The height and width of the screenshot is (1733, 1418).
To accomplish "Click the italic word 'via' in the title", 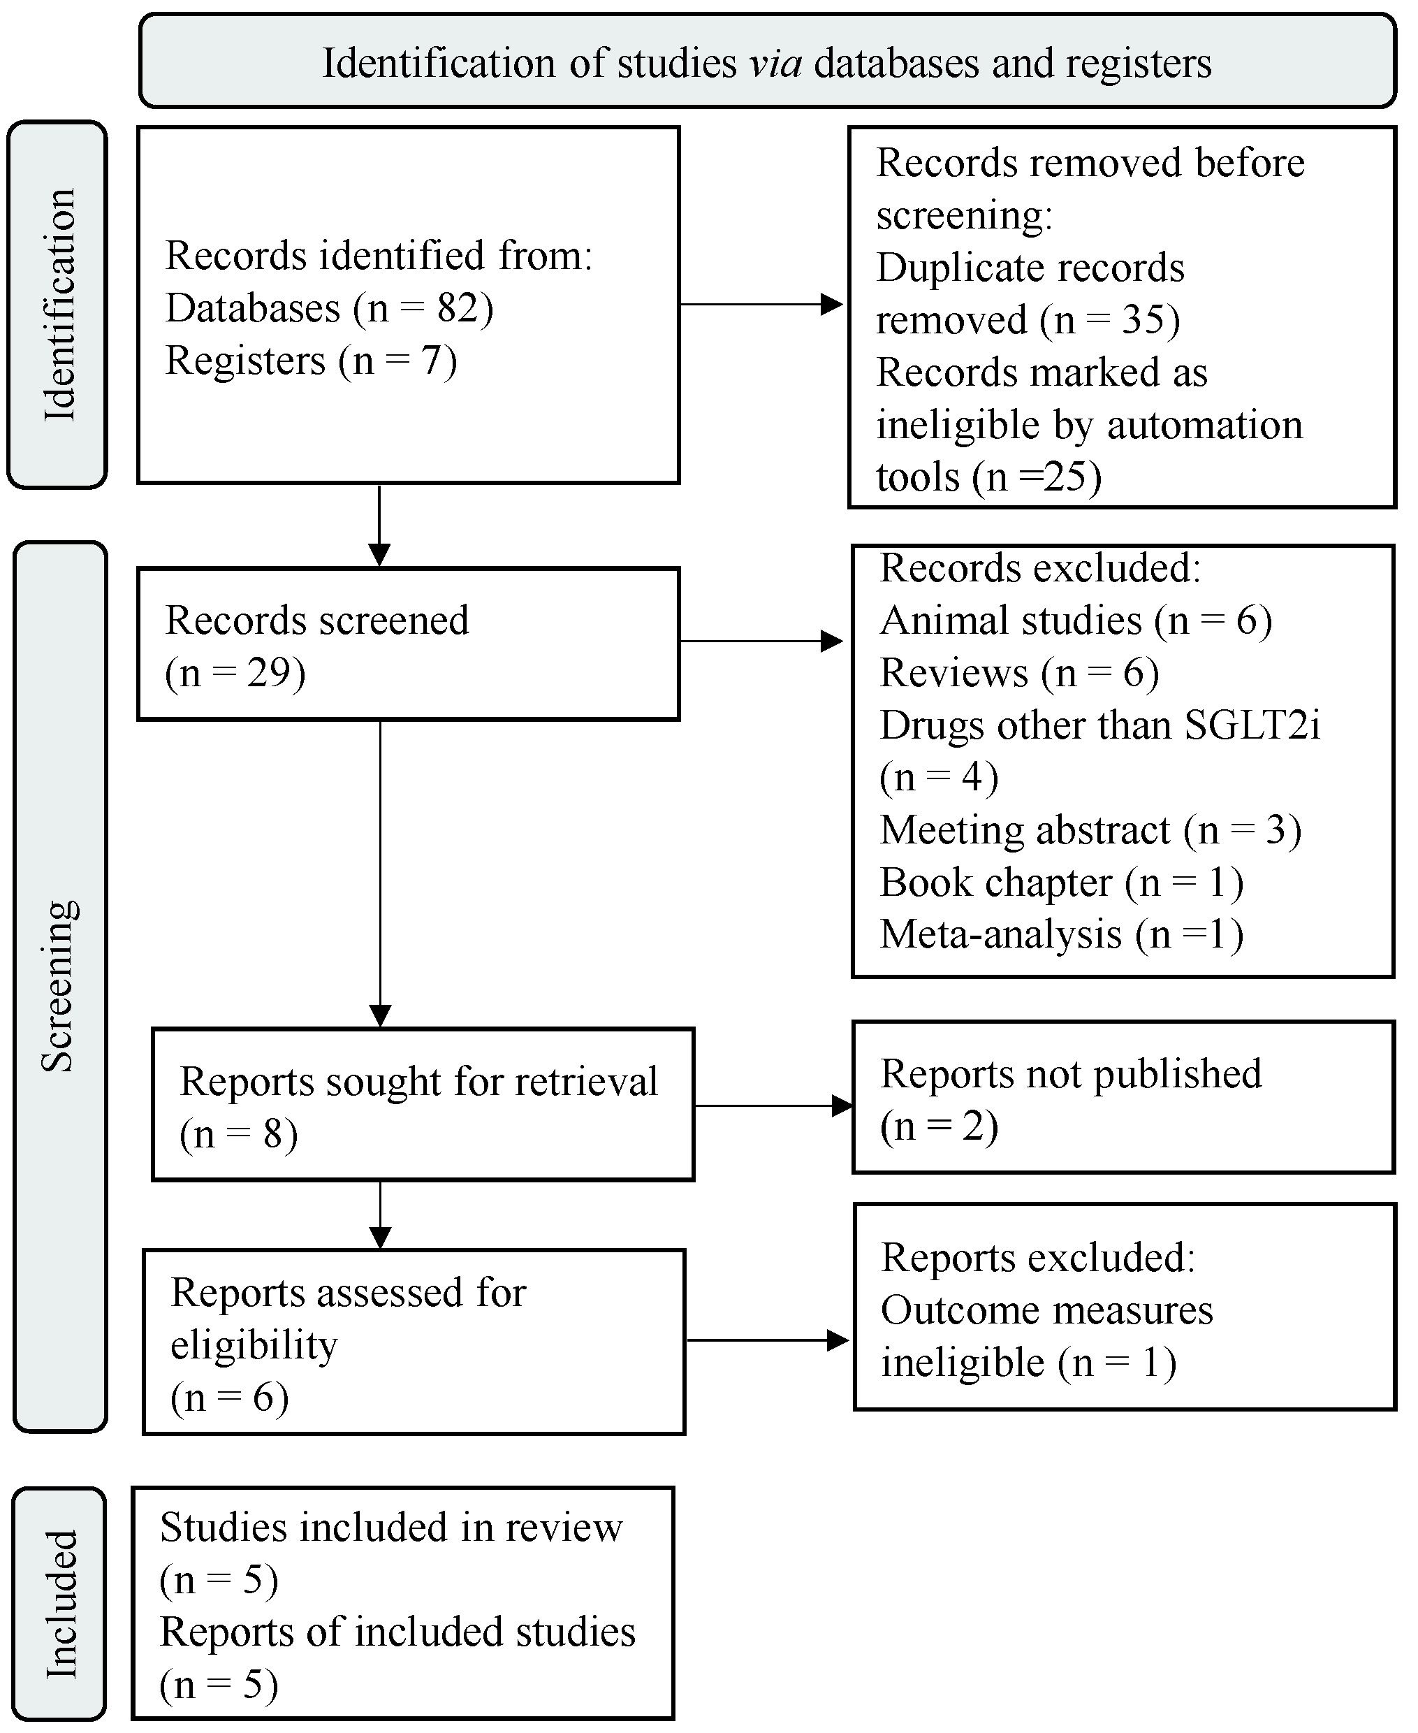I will pyautogui.click(x=775, y=64).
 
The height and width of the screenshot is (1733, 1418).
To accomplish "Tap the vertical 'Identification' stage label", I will pyautogui.click(x=59, y=305).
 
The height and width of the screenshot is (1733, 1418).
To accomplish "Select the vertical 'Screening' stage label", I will pyautogui.click(x=59, y=985).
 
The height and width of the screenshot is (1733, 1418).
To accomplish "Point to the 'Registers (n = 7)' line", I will pyautogui.click(x=310, y=361).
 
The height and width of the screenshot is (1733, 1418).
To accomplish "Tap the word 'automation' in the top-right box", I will pyautogui.click(x=1205, y=425).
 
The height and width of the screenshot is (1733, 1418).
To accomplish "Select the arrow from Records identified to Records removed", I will pyautogui.click(x=760, y=305).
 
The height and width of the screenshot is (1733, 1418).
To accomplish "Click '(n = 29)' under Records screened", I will pyautogui.click(x=235, y=673).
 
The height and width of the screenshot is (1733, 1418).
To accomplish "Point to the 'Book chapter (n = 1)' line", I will pyautogui.click(x=1061, y=883).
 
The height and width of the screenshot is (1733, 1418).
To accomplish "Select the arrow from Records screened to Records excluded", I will pyautogui.click(x=760, y=641).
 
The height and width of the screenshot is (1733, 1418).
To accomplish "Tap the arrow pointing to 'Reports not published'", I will pyautogui.click(x=772, y=1106).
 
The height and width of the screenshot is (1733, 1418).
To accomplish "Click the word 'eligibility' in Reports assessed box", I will pyautogui.click(x=253, y=1344).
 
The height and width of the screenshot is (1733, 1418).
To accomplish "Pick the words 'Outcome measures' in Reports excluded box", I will pyautogui.click(x=1046, y=1310).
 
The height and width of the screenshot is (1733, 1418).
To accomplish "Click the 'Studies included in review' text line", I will pyautogui.click(x=390, y=1527).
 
